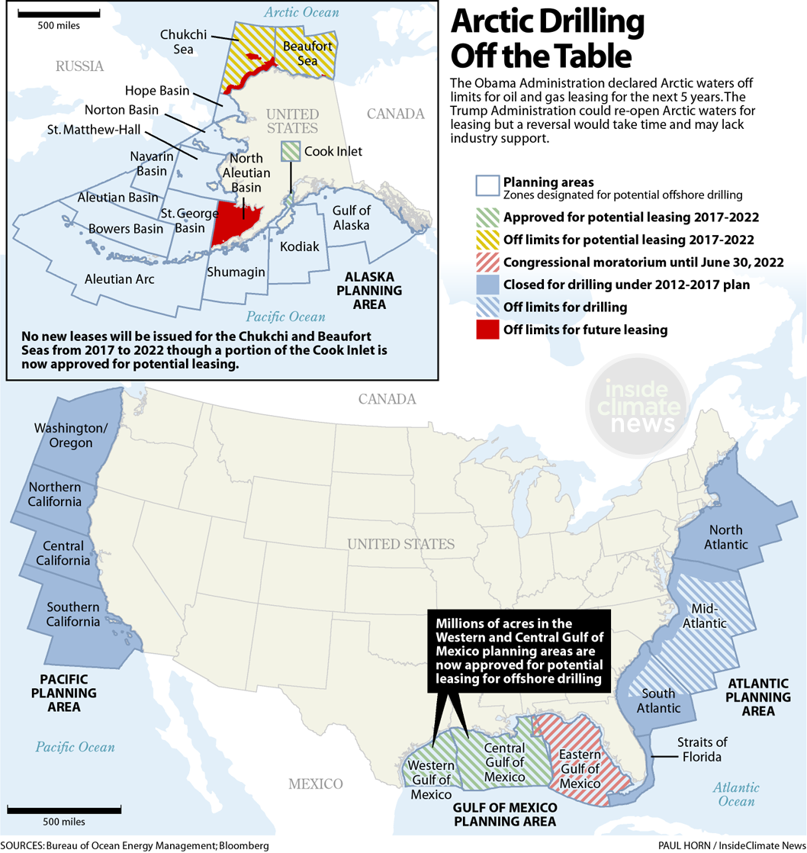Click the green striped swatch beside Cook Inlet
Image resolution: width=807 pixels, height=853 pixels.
point(291,150)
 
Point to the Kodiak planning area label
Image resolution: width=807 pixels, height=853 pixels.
point(299,247)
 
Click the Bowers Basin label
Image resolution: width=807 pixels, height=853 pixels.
point(126,228)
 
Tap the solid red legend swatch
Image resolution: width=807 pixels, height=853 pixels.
point(487,330)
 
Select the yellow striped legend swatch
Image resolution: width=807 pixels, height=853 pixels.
point(487,240)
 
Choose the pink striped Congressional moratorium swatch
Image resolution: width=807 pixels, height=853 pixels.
point(487,262)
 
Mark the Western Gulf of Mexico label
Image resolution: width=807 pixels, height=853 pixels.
point(433,778)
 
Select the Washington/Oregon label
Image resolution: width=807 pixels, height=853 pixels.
point(63,436)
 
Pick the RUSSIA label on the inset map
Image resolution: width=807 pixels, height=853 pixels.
point(79,66)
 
